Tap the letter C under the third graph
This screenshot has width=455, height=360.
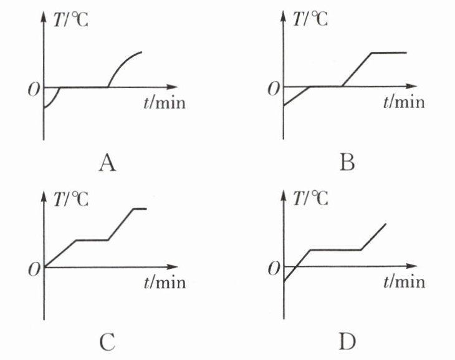click(x=107, y=341)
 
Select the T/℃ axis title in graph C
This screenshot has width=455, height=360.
click(x=72, y=199)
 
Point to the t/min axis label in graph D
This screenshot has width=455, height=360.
click(x=405, y=282)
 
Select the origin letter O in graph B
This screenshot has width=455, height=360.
click(x=273, y=89)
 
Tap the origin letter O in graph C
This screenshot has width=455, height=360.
click(x=32, y=269)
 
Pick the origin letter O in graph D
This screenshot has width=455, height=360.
click(x=273, y=269)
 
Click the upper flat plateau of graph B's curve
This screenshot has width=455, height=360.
click(x=389, y=52)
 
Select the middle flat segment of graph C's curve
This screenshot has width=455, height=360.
click(x=92, y=240)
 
